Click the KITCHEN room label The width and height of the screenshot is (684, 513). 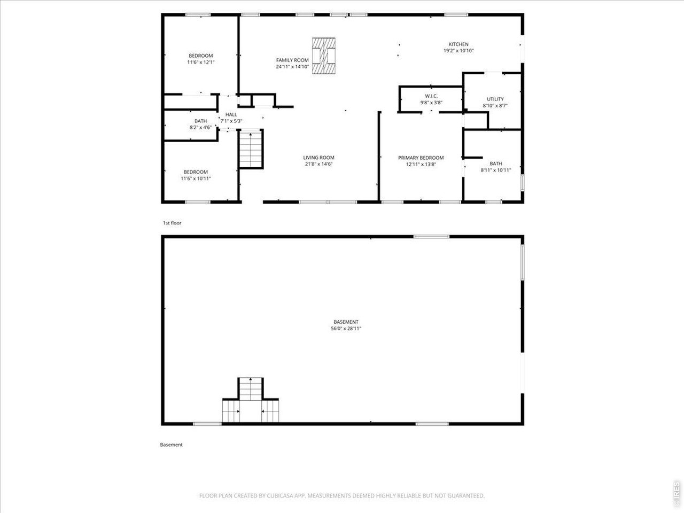458,44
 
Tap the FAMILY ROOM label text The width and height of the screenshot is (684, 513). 292,60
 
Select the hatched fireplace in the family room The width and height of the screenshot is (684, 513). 324,56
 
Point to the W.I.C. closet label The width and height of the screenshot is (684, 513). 431,96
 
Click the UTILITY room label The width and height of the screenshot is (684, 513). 495,99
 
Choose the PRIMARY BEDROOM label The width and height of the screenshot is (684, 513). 421,158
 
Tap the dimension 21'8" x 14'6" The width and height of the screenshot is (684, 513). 319,164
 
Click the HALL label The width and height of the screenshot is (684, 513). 231,114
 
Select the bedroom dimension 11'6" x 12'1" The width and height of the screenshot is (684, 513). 201,63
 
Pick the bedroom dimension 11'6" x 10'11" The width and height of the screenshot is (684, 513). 196,178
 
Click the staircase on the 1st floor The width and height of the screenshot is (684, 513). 251,150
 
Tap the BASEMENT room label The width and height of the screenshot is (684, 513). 346,322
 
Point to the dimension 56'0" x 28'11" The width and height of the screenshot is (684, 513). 346,328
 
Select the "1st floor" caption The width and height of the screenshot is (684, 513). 172,223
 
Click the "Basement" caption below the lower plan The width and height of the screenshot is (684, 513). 171,445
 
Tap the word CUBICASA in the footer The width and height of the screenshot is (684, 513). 280,495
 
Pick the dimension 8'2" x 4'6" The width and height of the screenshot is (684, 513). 201,127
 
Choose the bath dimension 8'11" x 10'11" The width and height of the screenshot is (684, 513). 496,170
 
